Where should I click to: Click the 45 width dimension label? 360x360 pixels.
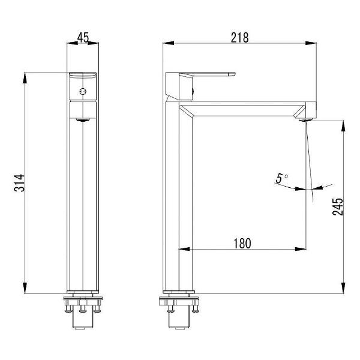(x=83, y=37)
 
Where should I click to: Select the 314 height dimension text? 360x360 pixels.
(x=19, y=183)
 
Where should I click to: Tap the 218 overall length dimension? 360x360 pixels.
(x=239, y=38)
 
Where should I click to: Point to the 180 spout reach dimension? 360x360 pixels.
(x=242, y=244)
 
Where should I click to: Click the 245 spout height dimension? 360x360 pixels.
(x=337, y=206)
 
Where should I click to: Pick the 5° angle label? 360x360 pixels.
(x=281, y=178)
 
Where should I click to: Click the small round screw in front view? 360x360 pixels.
(x=83, y=91)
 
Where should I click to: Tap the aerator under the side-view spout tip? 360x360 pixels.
(x=306, y=119)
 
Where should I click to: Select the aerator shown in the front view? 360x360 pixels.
(x=83, y=119)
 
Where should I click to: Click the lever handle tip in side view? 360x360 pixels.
(x=232, y=74)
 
